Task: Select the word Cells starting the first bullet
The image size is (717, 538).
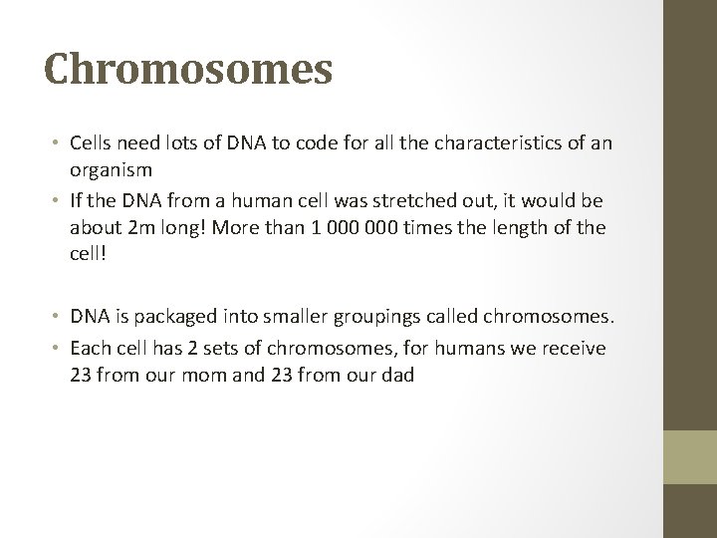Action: [x=93, y=144]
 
